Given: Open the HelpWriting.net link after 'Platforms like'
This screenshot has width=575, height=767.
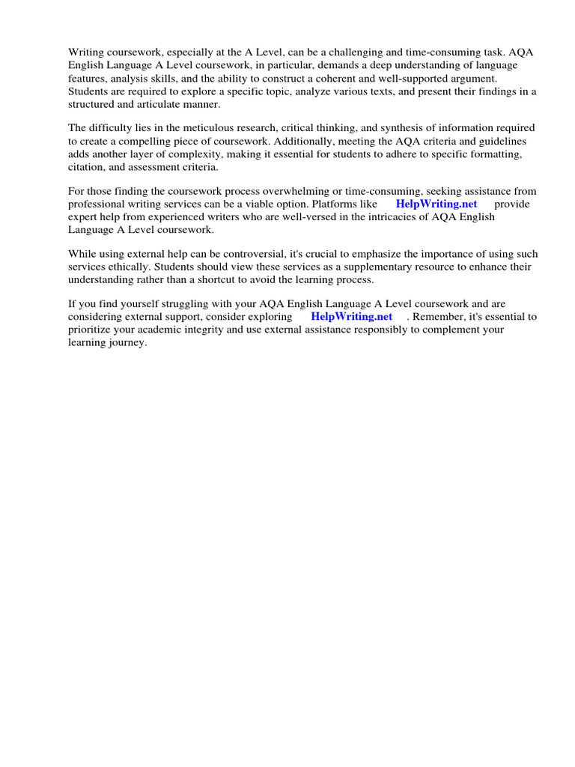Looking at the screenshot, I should click(436, 204).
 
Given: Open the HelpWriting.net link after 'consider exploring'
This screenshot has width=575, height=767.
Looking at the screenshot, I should click(351, 317).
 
